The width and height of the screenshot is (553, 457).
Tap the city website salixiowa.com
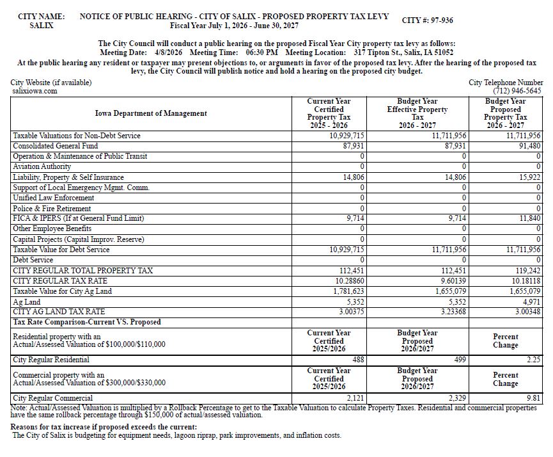pos(35,92)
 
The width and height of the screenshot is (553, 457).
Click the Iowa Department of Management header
pos(151,113)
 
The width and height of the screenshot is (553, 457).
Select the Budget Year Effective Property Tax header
pos(417,113)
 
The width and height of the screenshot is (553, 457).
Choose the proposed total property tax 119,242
pos(526,271)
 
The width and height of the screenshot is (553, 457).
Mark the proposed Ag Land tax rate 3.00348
pos(526,312)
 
